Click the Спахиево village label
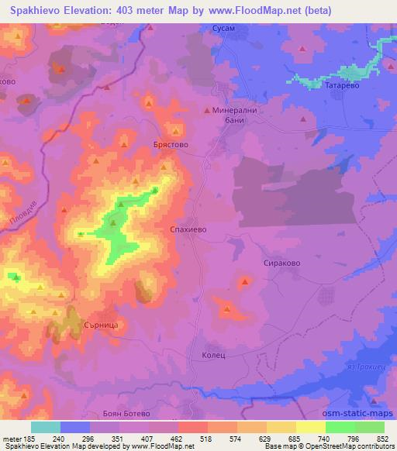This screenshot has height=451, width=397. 186,230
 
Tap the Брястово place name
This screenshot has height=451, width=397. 171,145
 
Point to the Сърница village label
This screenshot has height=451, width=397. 99,326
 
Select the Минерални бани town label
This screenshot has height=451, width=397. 240,116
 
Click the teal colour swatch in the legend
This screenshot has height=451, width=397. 46,427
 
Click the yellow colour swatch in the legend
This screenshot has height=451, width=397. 310,427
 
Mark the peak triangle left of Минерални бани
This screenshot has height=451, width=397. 206,111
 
